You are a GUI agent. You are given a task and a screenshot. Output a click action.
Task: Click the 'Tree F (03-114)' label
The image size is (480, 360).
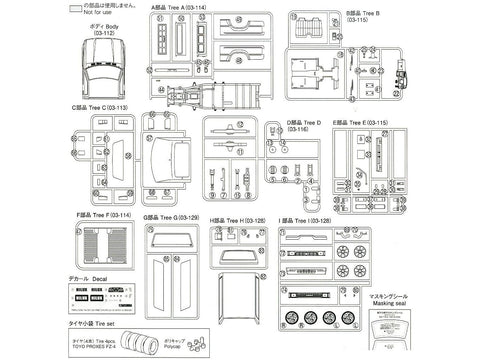tap(105, 212)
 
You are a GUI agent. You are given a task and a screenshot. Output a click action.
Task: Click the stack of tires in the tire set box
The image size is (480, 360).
tap(155, 339)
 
